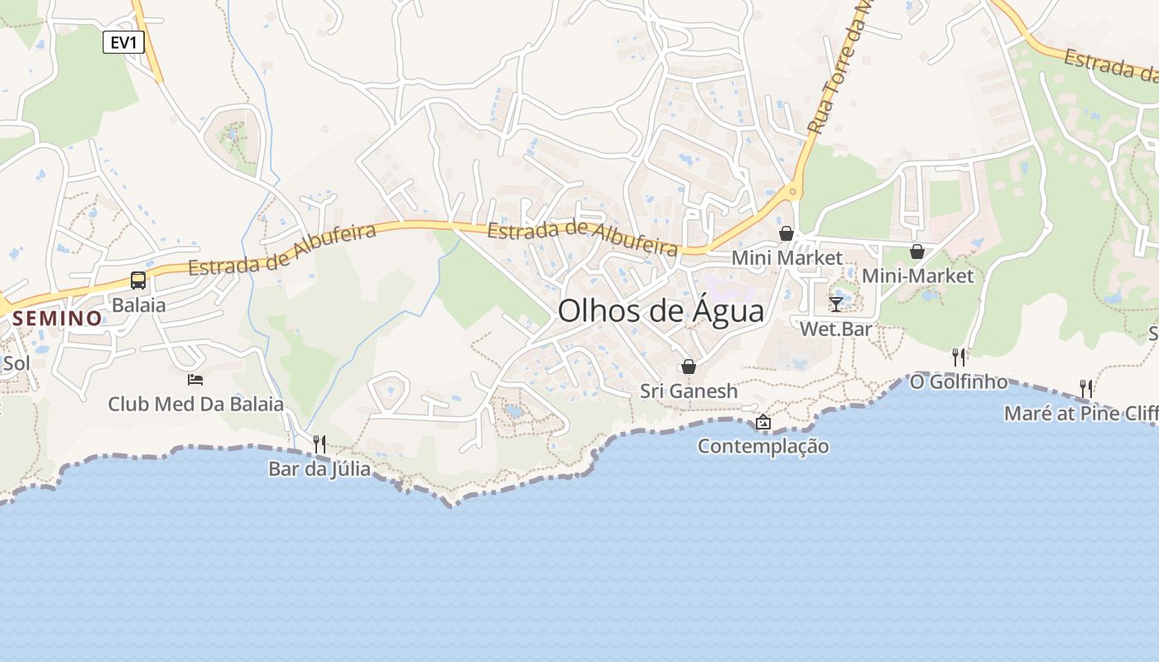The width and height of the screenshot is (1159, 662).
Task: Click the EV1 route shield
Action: click(123, 42)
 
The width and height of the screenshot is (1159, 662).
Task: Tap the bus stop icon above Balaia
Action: click(138, 281)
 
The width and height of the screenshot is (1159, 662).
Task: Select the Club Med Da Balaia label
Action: click(195, 405)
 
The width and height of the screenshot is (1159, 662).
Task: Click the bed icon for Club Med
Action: click(195, 380)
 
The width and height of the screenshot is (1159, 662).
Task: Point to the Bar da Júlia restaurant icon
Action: click(320, 444)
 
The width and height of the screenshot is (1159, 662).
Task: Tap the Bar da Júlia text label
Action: click(320, 469)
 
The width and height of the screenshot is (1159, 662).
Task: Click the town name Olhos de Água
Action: click(661, 311)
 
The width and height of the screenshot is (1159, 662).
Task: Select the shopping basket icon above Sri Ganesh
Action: click(688, 367)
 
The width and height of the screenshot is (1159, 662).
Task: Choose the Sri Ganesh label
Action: click(688, 391)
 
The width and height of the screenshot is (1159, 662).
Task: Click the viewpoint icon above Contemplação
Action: click(763, 423)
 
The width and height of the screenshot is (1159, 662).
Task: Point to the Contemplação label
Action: click(763, 447)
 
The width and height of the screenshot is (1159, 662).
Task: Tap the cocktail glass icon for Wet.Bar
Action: click(836, 304)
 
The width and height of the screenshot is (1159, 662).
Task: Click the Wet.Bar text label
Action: click(836, 329)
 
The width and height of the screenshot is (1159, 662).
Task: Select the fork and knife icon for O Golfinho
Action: click(959, 357)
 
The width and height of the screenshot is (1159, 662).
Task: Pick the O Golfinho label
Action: click(959, 381)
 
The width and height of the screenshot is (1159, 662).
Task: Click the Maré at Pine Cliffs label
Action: click(1081, 413)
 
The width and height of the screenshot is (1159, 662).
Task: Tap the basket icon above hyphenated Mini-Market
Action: click(917, 252)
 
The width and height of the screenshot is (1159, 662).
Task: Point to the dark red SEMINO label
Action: click(57, 318)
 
